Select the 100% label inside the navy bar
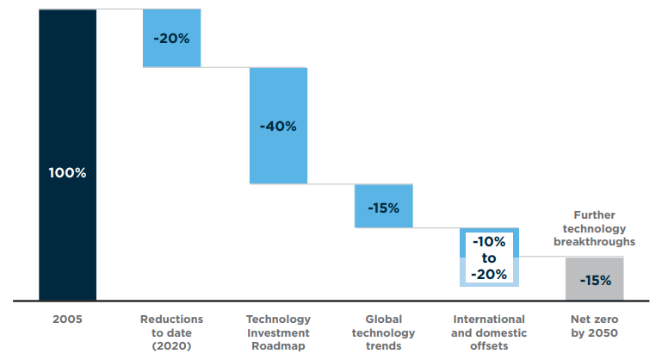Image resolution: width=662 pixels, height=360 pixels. pyautogui.click(x=67, y=172)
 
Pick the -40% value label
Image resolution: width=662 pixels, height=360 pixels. pyautogui.click(x=278, y=126)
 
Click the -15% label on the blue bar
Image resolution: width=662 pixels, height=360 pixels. pyautogui.click(x=383, y=208)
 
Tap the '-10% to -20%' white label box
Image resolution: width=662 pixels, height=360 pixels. pyautogui.click(x=489, y=258)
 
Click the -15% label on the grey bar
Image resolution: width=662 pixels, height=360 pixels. pyautogui.click(x=595, y=280)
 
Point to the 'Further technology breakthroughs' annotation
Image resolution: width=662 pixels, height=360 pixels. pyautogui.click(x=595, y=228)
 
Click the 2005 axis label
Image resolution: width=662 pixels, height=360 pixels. pyautogui.click(x=67, y=320)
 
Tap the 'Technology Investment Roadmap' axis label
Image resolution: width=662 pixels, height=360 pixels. pyautogui.click(x=278, y=332)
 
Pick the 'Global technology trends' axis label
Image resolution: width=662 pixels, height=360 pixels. pyautogui.click(x=383, y=332)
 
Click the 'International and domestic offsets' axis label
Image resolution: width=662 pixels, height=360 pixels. pyautogui.click(x=489, y=332)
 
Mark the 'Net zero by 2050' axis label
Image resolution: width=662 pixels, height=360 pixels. pyautogui.click(x=595, y=326)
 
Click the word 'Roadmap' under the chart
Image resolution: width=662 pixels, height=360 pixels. pyautogui.click(x=278, y=346)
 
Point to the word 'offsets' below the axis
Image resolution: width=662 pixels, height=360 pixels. pyautogui.click(x=489, y=346)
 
